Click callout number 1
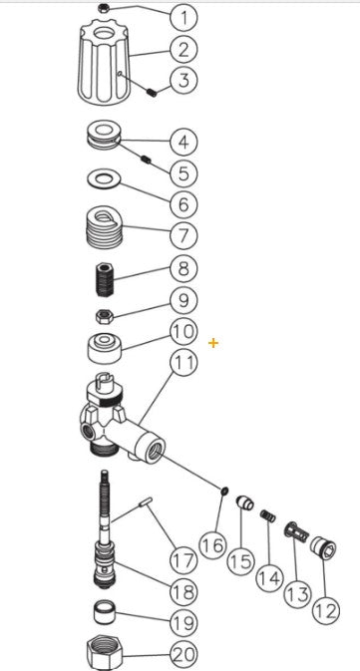click(x=183, y=16)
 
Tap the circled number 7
click(x=183, y=236)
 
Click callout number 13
click(x=297, y=594)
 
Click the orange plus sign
click(x=213, y=343)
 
